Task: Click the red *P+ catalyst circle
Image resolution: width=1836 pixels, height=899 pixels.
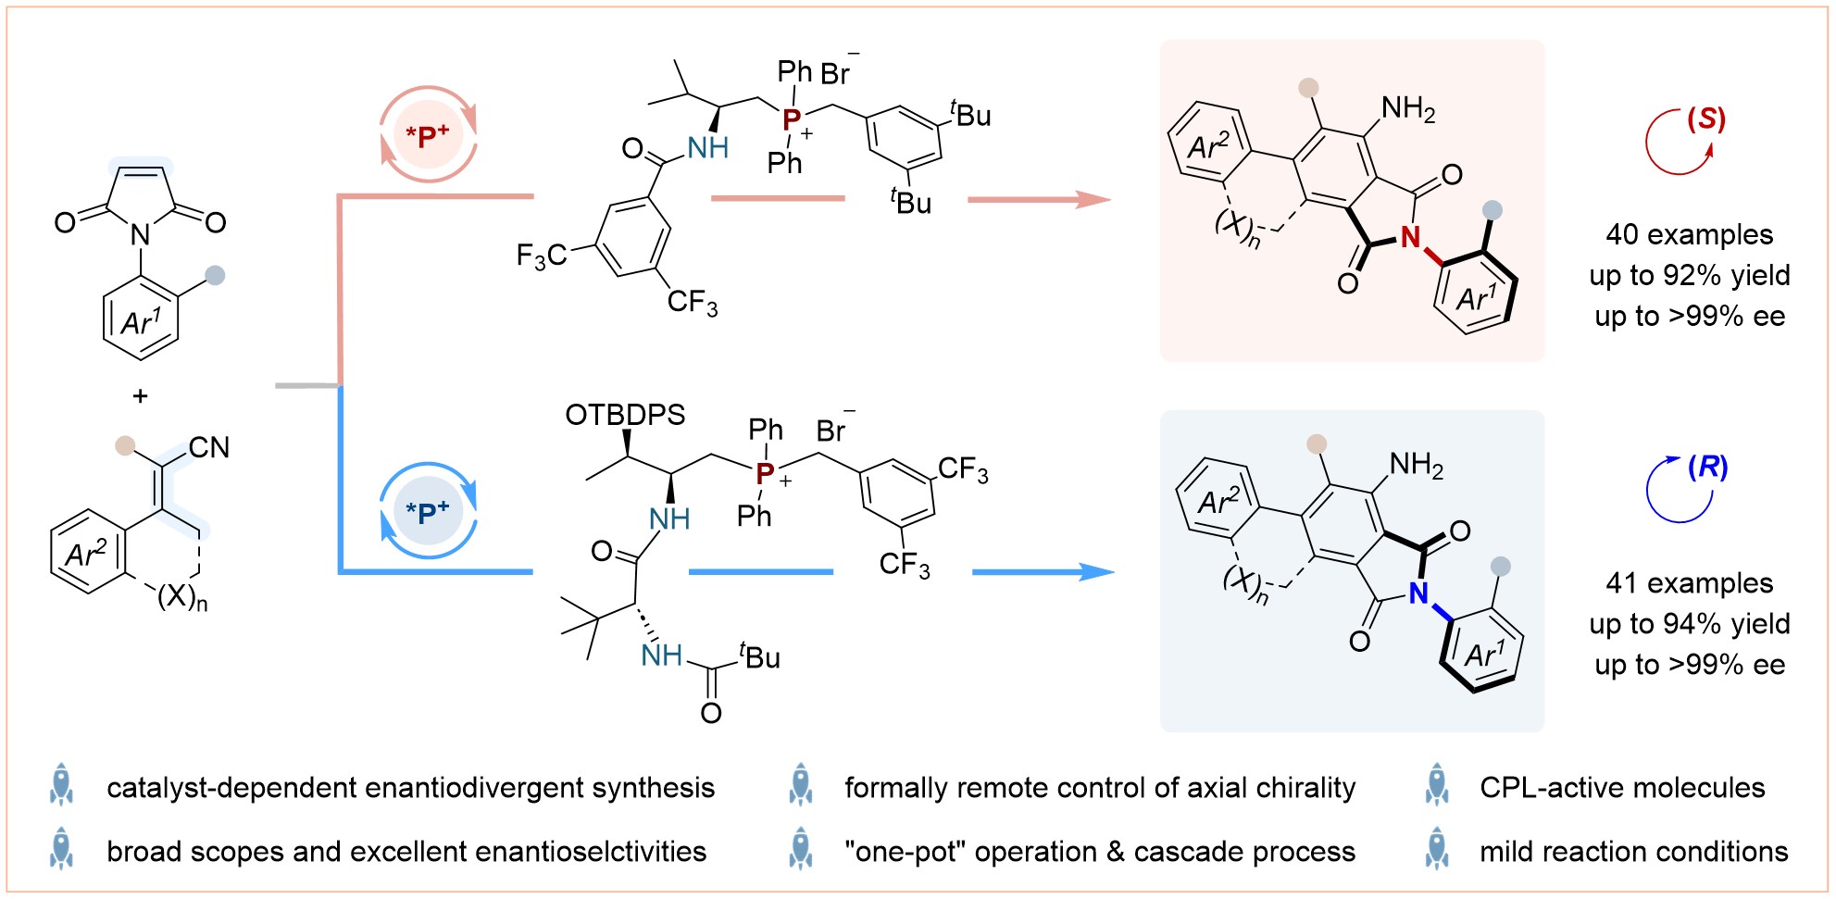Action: pyautogui.click(x=428, y=135)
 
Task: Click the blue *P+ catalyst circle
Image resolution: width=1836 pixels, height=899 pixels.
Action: pyautogui.click(x=428, y=511)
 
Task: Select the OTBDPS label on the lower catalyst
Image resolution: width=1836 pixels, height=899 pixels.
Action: pyautogui.click(x=625, y=415)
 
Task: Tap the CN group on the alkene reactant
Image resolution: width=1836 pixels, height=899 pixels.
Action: pyautogui.click(x=209, y=448)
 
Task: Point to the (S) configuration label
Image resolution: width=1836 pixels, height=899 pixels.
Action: pyautogui.click(x=1705, y=119)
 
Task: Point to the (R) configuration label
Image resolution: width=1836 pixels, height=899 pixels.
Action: pyautogui.click(x=1707, y=467)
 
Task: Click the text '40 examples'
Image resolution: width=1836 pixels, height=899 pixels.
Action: pyautogui.click(x=1690, y=234)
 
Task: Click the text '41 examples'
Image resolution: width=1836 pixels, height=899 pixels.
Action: pyautogui.click(x=1690, y=582)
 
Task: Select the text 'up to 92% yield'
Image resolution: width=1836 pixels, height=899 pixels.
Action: pyautogui.click(x=1690, y=275)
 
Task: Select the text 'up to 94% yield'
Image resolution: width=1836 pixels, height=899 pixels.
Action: pyautogui.click(x=1690, y=623)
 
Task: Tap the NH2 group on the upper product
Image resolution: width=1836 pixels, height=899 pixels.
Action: pyautogui.click(x=1408, y=109)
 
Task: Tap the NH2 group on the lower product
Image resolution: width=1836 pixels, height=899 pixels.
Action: pyautogui.click(x=1417, y=464)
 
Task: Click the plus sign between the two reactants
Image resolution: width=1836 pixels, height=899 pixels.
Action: pyautogui.click(x=140, y=396)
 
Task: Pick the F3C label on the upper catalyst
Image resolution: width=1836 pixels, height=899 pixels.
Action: pyautogui.click(x=541, y=255)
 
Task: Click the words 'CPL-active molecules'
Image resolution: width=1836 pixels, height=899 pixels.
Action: pyautogui.click(x=1622, y=787)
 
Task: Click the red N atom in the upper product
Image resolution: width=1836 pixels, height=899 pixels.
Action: pyautogui.click(x=1410, y=238)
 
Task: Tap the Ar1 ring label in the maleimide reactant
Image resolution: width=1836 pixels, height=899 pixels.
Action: pyautogui.click(x=141, y=321)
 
